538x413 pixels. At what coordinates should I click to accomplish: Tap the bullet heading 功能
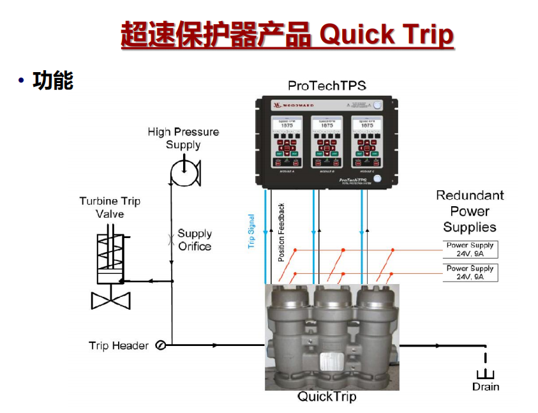[x=54, y=80]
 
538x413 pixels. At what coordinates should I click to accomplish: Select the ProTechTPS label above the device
[x=326, y=85]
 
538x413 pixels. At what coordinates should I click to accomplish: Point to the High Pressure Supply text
[x=183, y=138]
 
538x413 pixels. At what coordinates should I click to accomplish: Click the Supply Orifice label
[x=195, y=240]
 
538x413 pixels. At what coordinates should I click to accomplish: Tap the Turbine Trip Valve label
[x=110, y=207]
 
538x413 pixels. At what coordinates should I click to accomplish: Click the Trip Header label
[x=119, y=346]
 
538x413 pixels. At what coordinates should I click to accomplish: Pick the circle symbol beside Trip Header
[x=161, y=345]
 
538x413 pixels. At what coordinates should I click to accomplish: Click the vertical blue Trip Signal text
[x=251, y=232]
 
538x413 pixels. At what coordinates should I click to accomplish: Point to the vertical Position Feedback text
[x=281, y=232]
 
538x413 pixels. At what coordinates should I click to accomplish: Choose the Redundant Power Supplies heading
[x=470, y=211]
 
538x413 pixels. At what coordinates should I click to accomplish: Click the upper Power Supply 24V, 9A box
[x=470, y=250]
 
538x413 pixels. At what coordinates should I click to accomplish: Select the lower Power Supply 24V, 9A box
[x=470, y=273]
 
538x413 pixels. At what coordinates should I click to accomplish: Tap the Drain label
[x=486, y=387]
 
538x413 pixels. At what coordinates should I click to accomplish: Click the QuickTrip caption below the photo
[x=327, y=397]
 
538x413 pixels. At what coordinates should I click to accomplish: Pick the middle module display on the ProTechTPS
[x=326, y=124]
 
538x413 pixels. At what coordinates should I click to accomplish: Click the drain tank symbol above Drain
[x=486, y=374]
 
